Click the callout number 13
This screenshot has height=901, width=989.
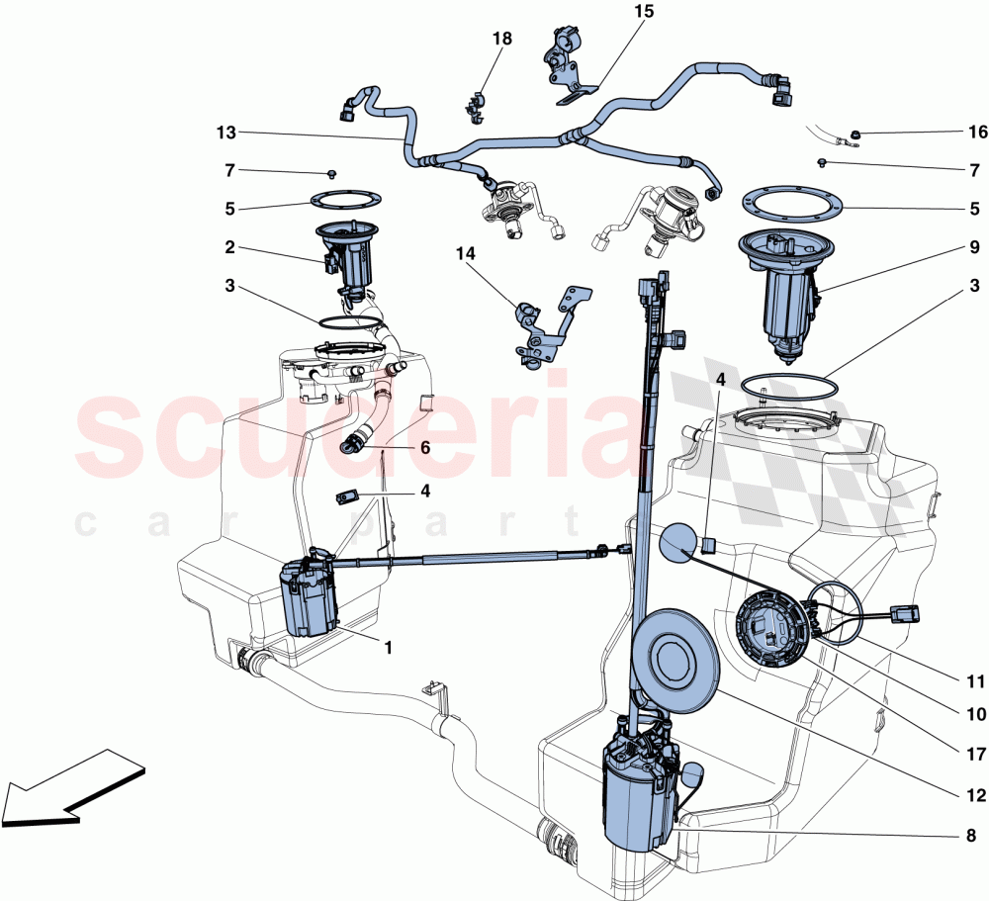[226, 132]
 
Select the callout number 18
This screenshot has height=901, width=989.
[502, 39]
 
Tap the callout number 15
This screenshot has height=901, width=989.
[644, 13]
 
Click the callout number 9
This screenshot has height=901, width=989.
[974, 246]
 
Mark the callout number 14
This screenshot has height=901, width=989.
[466, 254]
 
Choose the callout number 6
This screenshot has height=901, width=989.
[424, 447]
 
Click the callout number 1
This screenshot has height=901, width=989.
[388, 649]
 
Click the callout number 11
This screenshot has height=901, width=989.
[974, 681]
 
